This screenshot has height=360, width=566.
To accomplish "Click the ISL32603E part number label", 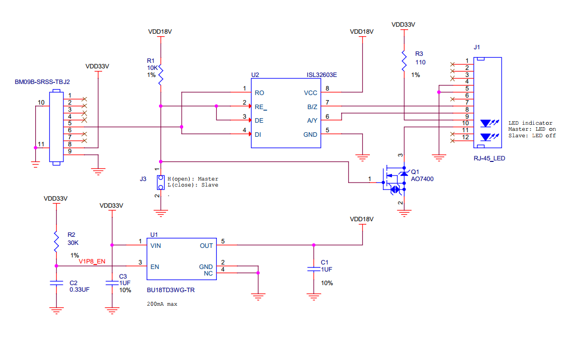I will [x=322, y=75].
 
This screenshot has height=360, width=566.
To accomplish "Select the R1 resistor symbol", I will [x=160, y=76].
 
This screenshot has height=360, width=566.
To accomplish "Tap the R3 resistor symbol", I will [x=403, y=60].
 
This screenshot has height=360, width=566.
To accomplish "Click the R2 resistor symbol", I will [x=56, y=243].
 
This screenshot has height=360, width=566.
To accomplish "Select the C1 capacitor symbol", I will [x=314, y=269].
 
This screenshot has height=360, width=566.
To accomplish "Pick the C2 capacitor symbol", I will [x=56, y=283].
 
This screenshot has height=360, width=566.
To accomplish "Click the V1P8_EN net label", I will [x=92, y=261].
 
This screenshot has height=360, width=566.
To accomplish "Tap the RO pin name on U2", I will [x=259, y=93].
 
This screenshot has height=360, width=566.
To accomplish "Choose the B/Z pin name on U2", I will [x=312, y=107].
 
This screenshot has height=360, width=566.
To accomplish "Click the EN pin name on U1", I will [x=154, y=266].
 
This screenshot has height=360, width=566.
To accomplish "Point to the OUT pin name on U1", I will [x=206, y=245].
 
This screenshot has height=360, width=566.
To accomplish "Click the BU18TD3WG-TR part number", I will [x=171, y=290].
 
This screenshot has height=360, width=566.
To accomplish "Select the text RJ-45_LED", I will [x=489, y=158].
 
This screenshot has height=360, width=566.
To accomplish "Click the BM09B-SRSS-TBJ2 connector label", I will [x=42, y=81].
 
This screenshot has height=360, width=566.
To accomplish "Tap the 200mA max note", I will [x=162, y=304].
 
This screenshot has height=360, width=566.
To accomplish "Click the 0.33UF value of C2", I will [x=79, y=289].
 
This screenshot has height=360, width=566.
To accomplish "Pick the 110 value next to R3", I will [x=421, y=62].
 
